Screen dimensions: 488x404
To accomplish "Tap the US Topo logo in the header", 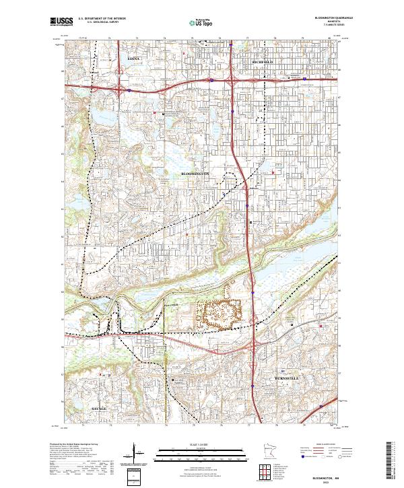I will coord(202,23).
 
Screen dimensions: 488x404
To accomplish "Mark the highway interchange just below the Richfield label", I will coord(231,79).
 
